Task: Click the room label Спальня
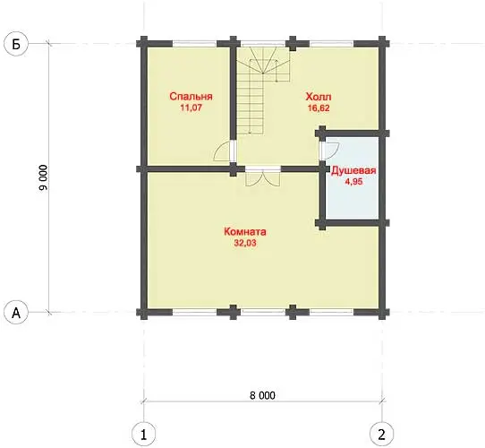191,97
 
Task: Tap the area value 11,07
191,108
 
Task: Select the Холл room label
319,97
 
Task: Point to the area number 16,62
319,108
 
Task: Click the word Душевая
353,171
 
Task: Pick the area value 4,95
353,182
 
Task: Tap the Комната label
245,232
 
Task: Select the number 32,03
245,243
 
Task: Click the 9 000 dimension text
44,177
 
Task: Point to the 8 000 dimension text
262,395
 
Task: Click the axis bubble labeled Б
16,44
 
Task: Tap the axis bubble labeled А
16,313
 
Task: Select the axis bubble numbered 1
143,435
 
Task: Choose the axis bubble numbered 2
382,435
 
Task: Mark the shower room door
330,151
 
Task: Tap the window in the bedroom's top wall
194,44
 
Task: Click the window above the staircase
263,44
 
